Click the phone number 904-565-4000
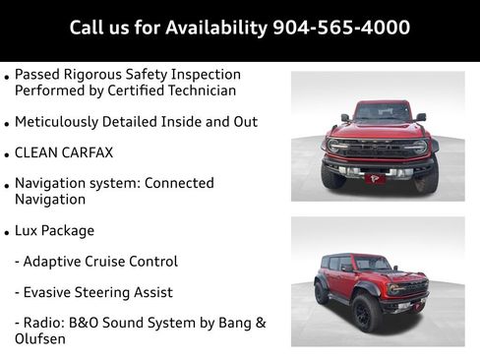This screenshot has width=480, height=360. point(341,27)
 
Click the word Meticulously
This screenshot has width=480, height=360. point(60,121)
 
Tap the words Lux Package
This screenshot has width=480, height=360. point(55,230)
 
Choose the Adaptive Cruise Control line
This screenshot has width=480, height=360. point(96,262)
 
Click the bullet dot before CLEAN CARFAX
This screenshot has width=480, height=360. point(8,155)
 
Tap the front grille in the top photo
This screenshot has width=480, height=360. point(379,148)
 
